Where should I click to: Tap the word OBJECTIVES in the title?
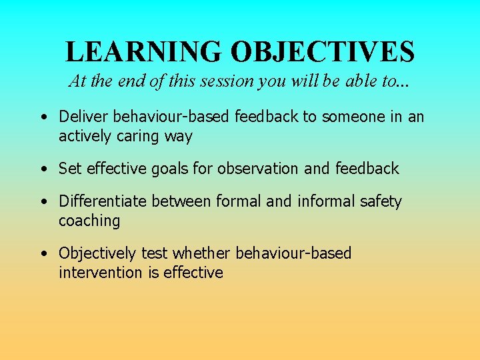click(x=323, y=51)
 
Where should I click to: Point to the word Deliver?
click(x=83, y=117)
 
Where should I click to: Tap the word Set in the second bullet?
click(x=69, y=169)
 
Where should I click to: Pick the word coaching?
click(x=89, y=221)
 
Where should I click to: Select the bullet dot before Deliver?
click(x=43, y=117)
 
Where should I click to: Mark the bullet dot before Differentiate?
click(x=43, y=201)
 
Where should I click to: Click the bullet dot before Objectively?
click(x=43, y=254)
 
